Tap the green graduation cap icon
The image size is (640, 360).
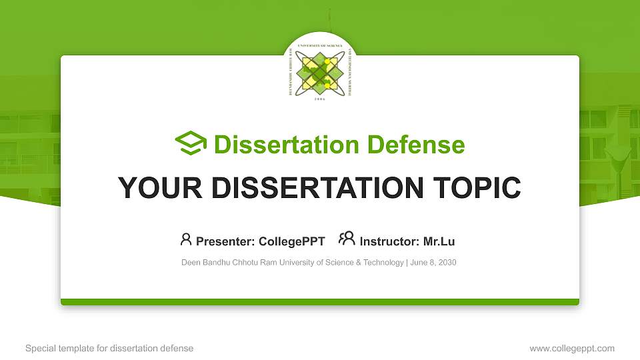point(191,143)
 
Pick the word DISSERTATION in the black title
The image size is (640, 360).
point(314,188)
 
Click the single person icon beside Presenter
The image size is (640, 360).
point(186,239)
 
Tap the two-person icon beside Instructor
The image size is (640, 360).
point(347,239)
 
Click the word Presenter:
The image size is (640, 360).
point(224,241)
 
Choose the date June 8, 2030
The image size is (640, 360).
point(434,263)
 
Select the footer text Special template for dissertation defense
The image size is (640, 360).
point(109,348)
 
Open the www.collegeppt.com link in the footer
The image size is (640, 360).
point(572,348)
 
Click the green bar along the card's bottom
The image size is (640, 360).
point(320,302)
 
